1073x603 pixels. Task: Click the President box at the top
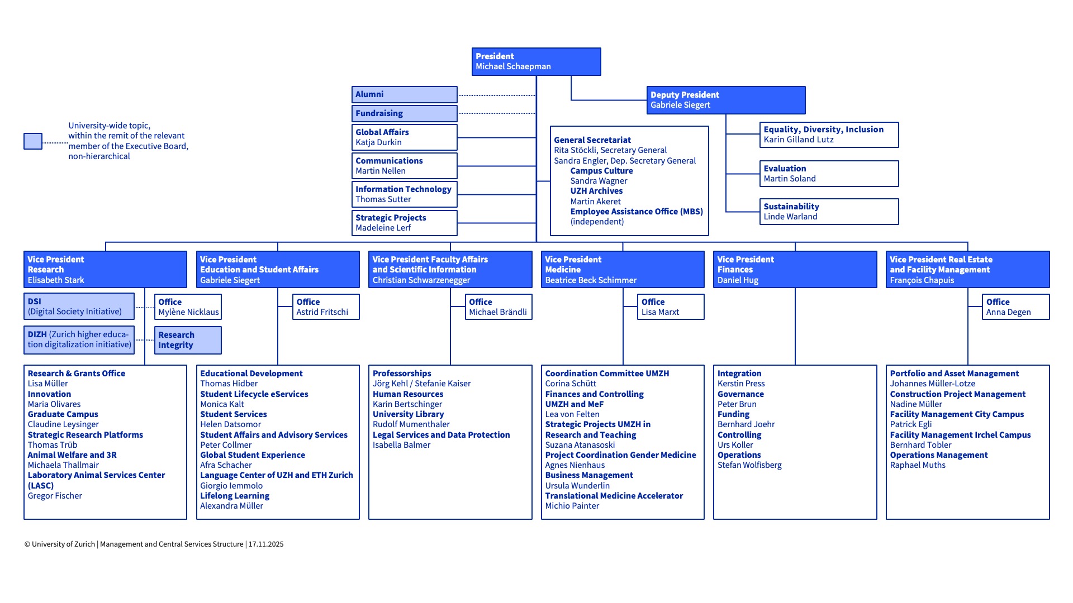click(x=536, y=61)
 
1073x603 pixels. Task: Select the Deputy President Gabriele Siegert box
click(x=725, y=100)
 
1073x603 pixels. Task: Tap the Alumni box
click(x=404, y=94)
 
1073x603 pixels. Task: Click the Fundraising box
click(x=404, y=113)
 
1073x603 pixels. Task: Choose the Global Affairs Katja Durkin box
click(x=404, y=137)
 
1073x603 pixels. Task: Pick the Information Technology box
click(x=404, y=194)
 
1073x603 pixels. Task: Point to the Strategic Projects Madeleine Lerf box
click(x=404, y=223)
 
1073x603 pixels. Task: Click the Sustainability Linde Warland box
click(x=829, y=212)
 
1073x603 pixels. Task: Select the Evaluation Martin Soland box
click(x=829, y=174)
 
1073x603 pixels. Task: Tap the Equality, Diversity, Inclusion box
click(x=829, y=135)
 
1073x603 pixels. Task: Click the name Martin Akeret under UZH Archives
click(x=595, y=202)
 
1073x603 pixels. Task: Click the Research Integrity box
click(x=188, y=340)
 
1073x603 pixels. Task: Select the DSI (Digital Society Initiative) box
click(x=79, y=307)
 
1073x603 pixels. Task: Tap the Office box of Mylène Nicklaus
click(x=188, y=307)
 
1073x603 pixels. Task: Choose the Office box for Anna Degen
click(x=1015, y=307)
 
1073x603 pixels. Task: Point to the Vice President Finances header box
click(x=795, y=270)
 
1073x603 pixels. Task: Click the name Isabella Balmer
click(x=401, y=445)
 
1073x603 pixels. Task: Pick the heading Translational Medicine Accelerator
click(x=614, y=496)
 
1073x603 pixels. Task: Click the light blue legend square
click(x=33, y=141)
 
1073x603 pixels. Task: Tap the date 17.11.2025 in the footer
click(x=266, y=544)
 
